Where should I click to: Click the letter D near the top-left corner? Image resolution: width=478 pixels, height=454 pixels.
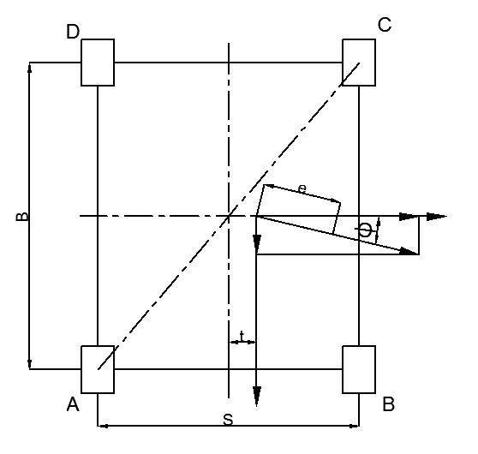pos(73,32)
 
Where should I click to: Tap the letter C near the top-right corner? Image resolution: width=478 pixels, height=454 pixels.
pos(385,25)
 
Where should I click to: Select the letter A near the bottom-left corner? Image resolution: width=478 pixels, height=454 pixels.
pos(73,404)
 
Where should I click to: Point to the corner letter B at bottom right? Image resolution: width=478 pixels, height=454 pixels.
pos(389,404)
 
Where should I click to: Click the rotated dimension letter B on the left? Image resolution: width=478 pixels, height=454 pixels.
pos(22,216)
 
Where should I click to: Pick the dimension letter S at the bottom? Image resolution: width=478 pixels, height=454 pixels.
pos(228,420)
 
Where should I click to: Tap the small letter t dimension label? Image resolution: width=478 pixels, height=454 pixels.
pos(242,337)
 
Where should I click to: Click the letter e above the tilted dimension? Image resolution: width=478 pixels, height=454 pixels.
pos(302,189)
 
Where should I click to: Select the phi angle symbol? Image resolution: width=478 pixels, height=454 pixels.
pos(365,230)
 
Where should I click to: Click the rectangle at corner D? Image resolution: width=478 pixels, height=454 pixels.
pos(98,63)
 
